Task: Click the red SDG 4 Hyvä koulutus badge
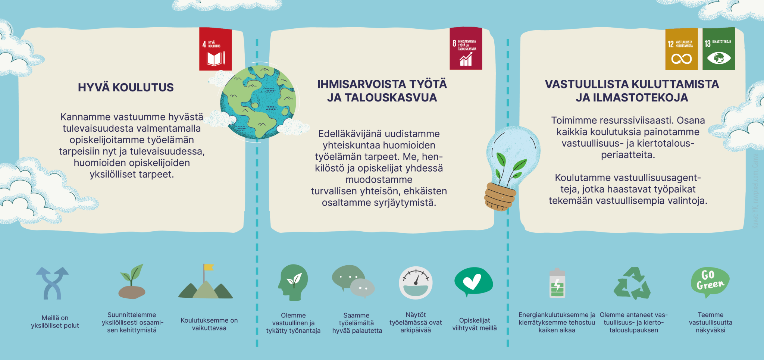pyautogui.click(x=215, y=49)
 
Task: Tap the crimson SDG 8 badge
pyautogui.click(x=466, y=48)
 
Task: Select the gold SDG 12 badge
pyautogui.click(x=681, y=49)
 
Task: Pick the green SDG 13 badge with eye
pyautogui.click(x=718, y=49)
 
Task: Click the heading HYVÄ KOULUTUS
pyautogui.click(x=126, y=87)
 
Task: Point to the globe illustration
pyautogui.click(x=258, y=101)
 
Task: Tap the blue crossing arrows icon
pyautogui.click(x=52, y=283)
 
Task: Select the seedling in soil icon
pyautogui.click(x=132, y=282)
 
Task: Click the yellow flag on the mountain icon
pyautogui.click(x=208, y=267)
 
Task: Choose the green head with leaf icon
pyautogui.click(x=293, y=282)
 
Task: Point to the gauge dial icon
pyautogui.click(x=416, y=283)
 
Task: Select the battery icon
pyautogui.click(x=557, y=284)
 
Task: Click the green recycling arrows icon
pyautogui.click(x=632, y=283)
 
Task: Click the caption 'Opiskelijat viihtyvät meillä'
pyautogui.click(x=474, y=324)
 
